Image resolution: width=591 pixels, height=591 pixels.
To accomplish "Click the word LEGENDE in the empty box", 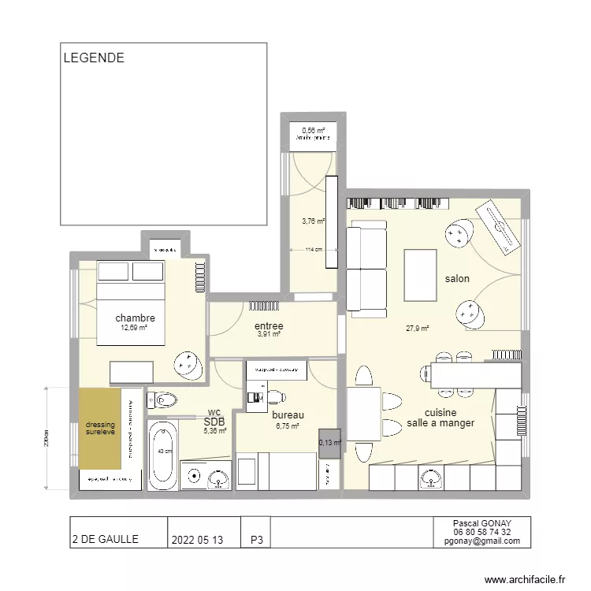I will pos(93,58).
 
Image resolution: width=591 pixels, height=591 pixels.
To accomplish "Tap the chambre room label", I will pos(135,318).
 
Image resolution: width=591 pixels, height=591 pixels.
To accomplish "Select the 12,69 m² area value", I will pos(134,328).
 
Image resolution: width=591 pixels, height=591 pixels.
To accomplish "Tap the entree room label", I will pos(268,326).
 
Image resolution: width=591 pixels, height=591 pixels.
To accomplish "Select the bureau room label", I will pos(288,415).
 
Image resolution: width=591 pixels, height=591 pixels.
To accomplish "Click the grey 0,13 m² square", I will pos(330,443).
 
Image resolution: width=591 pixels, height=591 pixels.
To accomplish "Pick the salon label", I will pos(457,279).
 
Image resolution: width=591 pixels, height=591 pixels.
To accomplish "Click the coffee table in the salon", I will pos(420,275).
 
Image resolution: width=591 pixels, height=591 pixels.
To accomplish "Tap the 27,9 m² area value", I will pos(417,329).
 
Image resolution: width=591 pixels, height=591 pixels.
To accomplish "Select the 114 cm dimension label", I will pos(314,250).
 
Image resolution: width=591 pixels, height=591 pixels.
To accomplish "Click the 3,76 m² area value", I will pos(313,221).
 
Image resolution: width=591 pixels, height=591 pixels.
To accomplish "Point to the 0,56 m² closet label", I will pos(313,130).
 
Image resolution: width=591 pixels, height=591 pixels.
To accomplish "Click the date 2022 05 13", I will pos(197,540).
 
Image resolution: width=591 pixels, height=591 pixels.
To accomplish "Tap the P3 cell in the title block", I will pos(256,540).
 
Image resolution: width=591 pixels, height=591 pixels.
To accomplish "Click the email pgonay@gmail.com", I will pos(481,541).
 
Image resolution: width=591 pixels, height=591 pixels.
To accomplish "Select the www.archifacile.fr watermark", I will pos(525,579).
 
